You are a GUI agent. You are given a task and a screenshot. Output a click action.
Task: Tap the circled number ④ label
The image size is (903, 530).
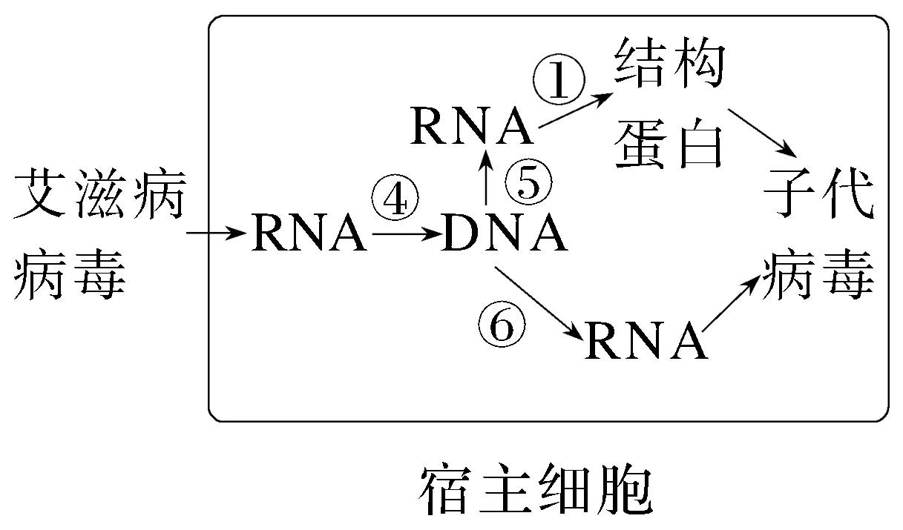point(394,198)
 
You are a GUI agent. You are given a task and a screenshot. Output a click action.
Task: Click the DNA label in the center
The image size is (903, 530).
point(505,234)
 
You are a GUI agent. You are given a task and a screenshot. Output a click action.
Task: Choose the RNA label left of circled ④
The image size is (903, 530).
point(309,234)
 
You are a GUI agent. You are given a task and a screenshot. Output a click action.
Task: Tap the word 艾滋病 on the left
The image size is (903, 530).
point(98,194)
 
